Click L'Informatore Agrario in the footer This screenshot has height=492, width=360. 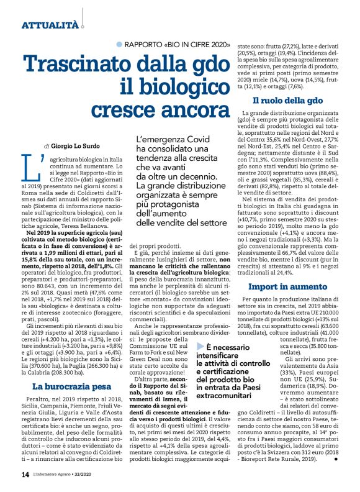(x=60, y=475)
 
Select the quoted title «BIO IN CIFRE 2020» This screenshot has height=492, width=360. (x=198, y=44)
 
